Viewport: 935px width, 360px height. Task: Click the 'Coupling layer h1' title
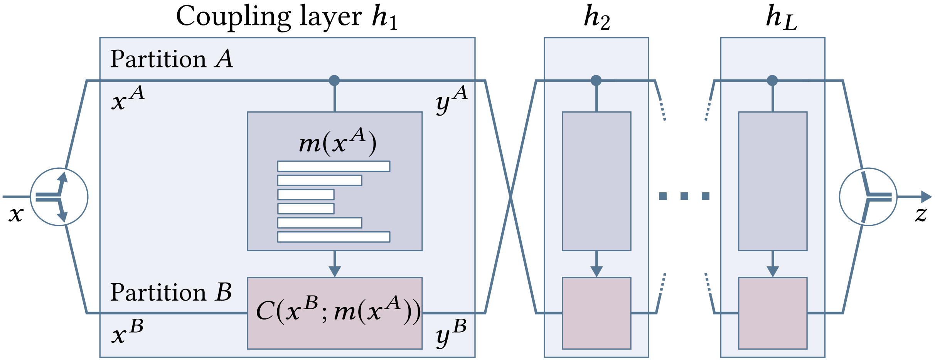[x=287, y=17]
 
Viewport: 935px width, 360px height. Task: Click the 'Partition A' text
[x=172, y=59]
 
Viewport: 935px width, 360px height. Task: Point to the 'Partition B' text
[x=171, y=292]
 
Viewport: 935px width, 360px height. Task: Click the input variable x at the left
[x=16, y=214]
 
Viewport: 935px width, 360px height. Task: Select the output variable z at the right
[x=921, y=214]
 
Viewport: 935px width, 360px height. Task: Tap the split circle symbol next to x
[x=59, y=197]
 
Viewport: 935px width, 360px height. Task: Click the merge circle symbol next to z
[x=868, y=197]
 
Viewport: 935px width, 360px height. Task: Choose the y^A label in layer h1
[x=451, y=99]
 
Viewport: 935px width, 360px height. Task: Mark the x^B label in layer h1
[x=128, y=332]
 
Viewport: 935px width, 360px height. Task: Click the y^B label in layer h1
[x=451, y=333]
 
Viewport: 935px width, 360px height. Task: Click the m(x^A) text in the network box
[x=338, y=142]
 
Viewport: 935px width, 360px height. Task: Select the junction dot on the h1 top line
[x=334, y=81]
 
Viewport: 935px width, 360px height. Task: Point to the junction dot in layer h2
[x=596, y=81]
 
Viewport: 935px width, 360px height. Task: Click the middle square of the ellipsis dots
[x=684, y=196]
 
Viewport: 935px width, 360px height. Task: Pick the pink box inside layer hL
[x=773, y=313]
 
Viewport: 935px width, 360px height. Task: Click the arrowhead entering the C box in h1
[x=335, y=271]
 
